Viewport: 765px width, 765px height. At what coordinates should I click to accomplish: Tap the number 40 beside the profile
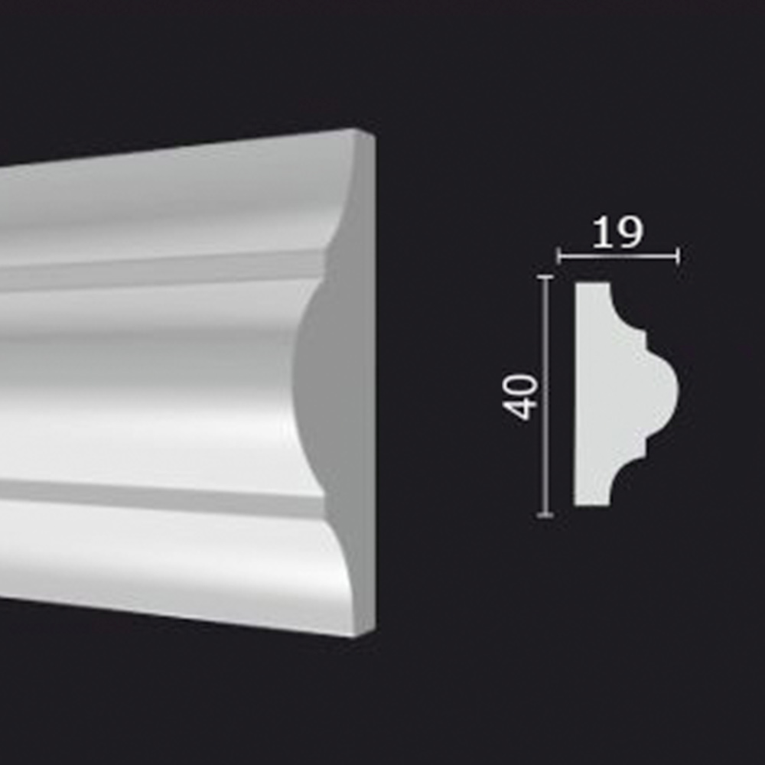(x=520, y=396)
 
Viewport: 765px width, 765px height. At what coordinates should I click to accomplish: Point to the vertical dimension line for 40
(x=545, y=396)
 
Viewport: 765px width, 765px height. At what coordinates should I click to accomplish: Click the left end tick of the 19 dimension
(x=559, y=256)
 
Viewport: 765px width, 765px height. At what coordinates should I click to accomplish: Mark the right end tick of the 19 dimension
(x=678, y=256)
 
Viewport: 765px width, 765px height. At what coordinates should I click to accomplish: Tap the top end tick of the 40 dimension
(x=545, y=277)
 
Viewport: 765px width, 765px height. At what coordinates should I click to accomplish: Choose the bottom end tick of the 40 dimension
(x=545, y=515)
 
